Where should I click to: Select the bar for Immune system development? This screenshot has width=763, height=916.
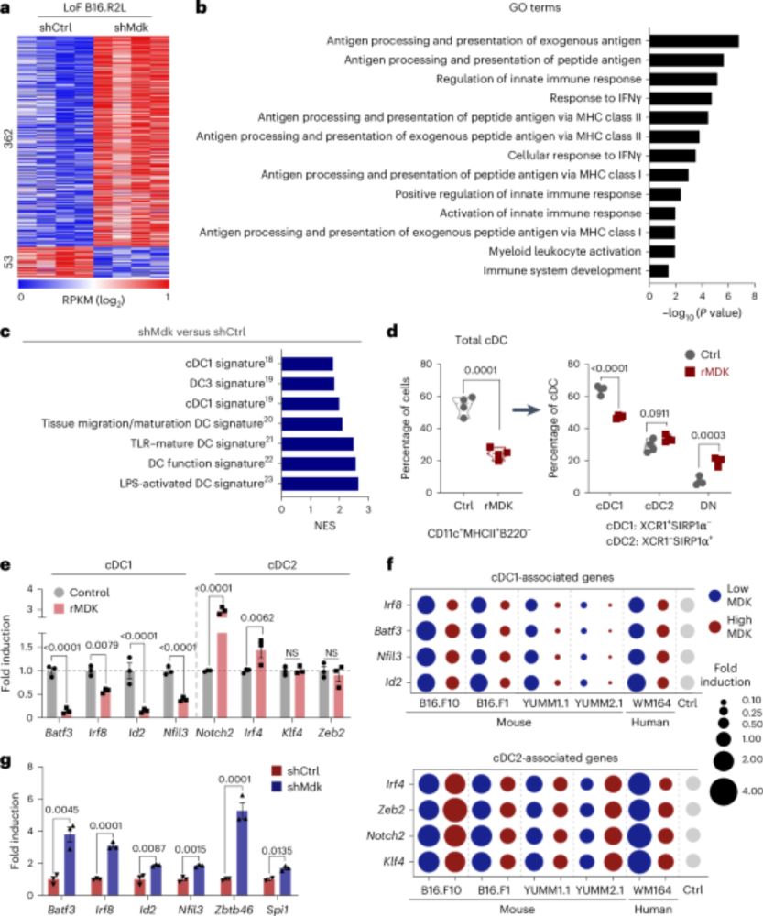coord(658,270)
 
